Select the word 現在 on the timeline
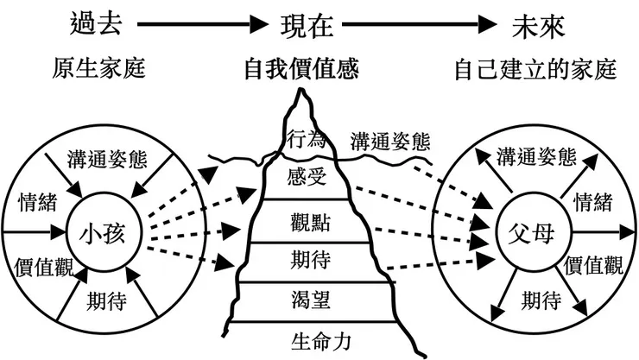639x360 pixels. (307, 26)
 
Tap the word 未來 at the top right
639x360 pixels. (536, 26)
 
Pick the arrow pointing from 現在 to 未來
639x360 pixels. (422, 27)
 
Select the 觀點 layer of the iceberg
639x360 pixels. (308, 221)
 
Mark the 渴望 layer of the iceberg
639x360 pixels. (308, 299)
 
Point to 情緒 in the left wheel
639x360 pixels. (37, 204)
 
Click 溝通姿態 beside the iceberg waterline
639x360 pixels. (390, 142)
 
